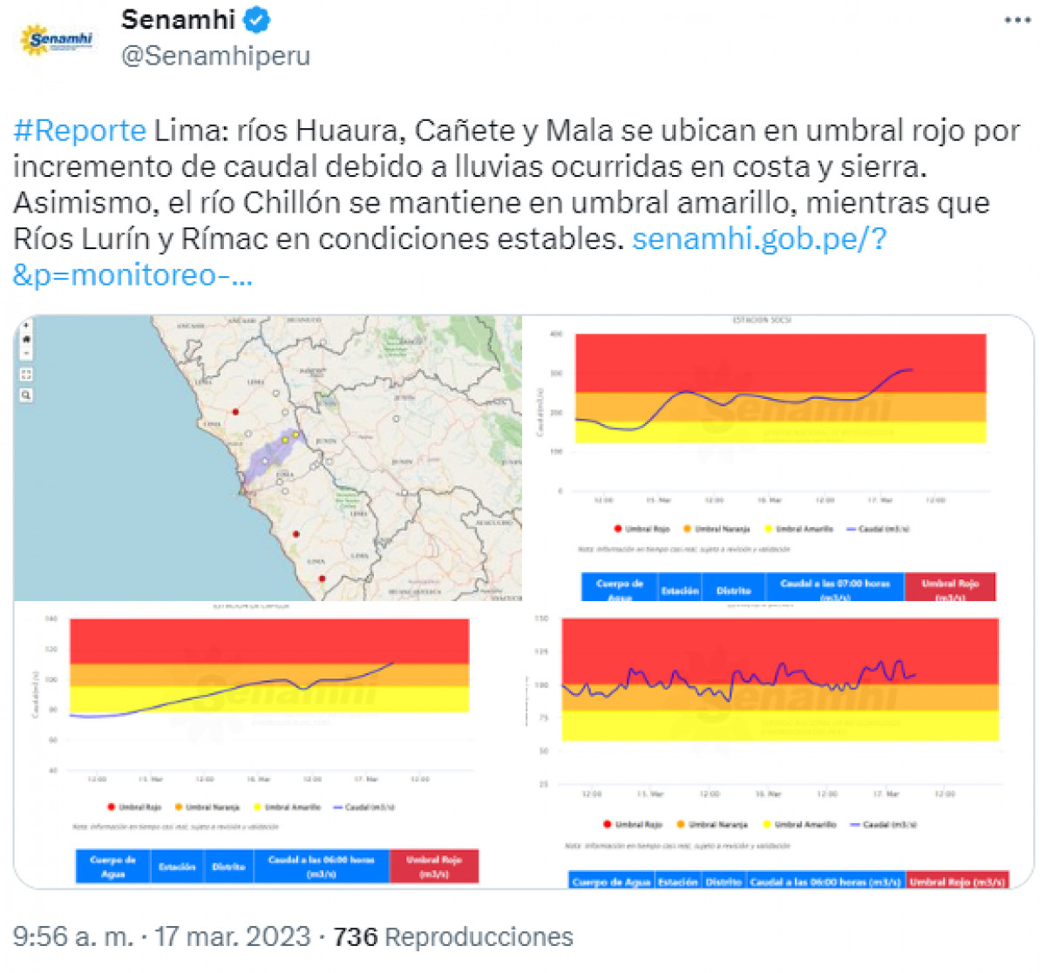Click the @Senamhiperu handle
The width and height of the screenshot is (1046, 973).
coord(215,56)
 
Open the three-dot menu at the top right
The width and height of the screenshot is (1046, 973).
coord(1016,20)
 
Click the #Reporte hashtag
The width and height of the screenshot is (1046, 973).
coord(80,131)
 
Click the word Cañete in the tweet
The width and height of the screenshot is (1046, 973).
coord(464,131)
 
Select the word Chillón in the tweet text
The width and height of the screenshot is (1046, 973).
coord(291,203)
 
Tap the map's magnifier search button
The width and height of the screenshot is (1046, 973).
coord(26,395)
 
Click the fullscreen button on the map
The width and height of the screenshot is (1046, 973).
coord(26,374)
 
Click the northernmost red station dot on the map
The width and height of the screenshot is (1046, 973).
coord(235,411)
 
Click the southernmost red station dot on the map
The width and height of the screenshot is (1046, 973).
coord(322,578)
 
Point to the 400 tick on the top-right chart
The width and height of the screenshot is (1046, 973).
coord(556,334)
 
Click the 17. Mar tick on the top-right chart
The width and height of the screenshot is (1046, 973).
coord(880,500)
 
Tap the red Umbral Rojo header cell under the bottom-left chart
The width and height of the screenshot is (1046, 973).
coord(433,866)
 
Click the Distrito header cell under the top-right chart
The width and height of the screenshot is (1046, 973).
coord(733,590)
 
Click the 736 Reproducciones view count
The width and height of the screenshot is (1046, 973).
coord(453,937)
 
